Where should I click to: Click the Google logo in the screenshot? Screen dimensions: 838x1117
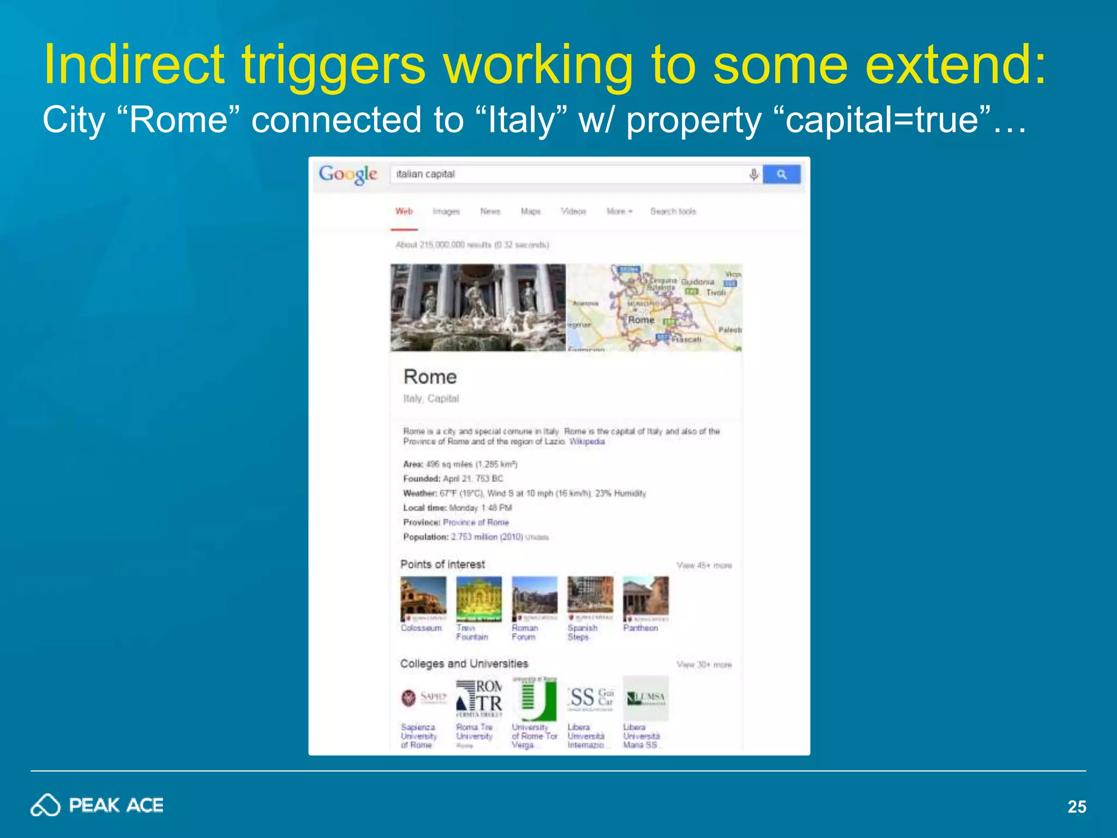coord(348,174)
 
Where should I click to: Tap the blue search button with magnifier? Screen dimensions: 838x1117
coord(782,174)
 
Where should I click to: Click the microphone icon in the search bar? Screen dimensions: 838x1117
coord(754,175)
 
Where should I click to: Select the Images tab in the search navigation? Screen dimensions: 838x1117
coord(446,212)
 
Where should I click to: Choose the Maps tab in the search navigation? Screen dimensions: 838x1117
coord(530,212)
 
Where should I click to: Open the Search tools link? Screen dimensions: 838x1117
coord(673,212)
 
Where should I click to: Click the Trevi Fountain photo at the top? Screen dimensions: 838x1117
coord(478,308)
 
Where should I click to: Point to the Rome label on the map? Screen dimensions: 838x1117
coord(641,320)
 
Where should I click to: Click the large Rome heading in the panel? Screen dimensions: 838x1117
coord(430,377)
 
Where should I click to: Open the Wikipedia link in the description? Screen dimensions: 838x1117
coord(587,442)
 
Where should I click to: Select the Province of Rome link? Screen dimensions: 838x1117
coord(476,523)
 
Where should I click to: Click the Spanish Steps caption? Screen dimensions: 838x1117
coord(582,633)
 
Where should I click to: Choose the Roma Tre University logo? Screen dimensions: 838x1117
coord(479,698)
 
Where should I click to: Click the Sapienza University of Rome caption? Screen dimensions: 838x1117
coord(419,736)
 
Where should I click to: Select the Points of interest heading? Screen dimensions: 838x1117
coord(442,565)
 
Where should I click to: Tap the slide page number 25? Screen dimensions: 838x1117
coord(1077,807)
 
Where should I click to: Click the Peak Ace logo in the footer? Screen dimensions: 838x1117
coord(97,805)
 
